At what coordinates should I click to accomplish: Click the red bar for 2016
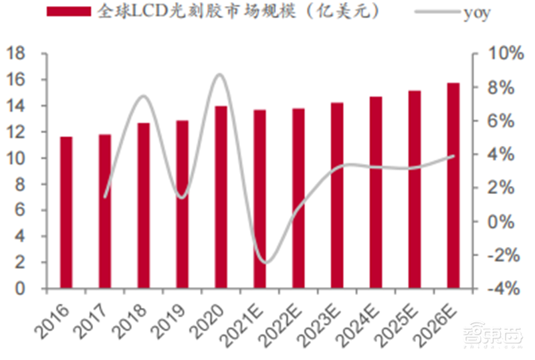coord(66,213)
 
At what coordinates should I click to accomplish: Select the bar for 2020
coord(221,197)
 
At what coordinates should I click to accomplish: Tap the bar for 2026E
coord(453,186)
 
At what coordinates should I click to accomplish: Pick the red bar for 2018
coord(143,205)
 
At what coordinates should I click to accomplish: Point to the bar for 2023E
coord(337,195)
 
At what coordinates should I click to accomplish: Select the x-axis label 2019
coord(172,317)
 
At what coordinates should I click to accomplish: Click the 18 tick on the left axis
coord(19,54)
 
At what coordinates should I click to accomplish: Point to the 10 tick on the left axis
coord(19,159)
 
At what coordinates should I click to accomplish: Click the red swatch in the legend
coord(67,12)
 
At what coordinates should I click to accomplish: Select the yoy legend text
coord(477,13)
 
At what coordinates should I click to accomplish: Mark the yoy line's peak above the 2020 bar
coord(220,74)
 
